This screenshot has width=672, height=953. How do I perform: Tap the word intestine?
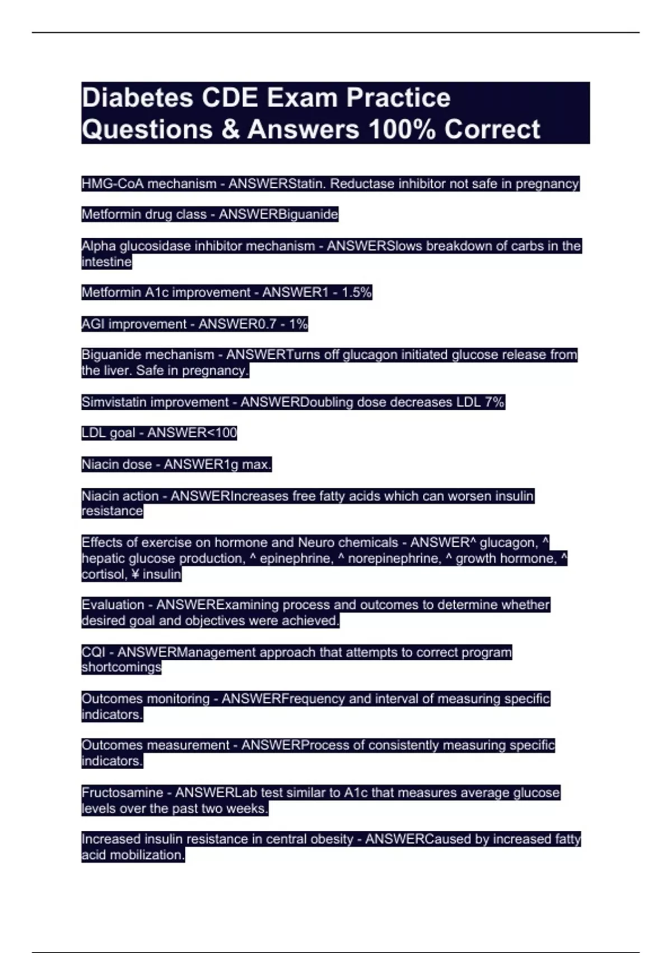[x=106, y=262]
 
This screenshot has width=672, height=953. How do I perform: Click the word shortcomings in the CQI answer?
[x=122, y=668]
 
